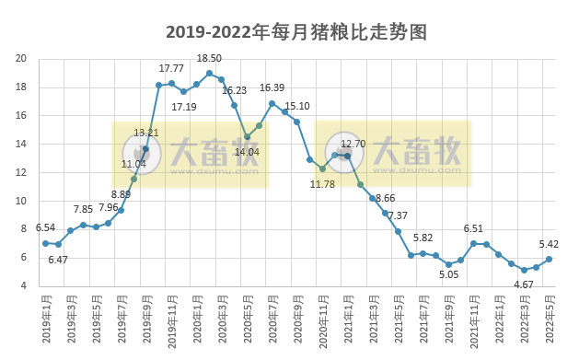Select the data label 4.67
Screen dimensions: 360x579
tap(524, 285)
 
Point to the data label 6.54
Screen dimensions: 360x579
tap(46, 226)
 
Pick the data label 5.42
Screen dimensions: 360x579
tap(550, 244)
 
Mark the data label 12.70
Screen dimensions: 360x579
tap(353, 144)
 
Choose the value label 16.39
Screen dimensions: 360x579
tap(272, 87)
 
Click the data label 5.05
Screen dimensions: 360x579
tap(449, 273)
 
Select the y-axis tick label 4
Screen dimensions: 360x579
tap(23, 285)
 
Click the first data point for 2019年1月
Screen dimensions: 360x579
tap(45, 243)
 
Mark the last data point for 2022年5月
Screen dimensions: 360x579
tap(549, 259)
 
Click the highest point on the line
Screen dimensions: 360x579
tap(209, 73)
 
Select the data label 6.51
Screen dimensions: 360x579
tap(473, 228)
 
